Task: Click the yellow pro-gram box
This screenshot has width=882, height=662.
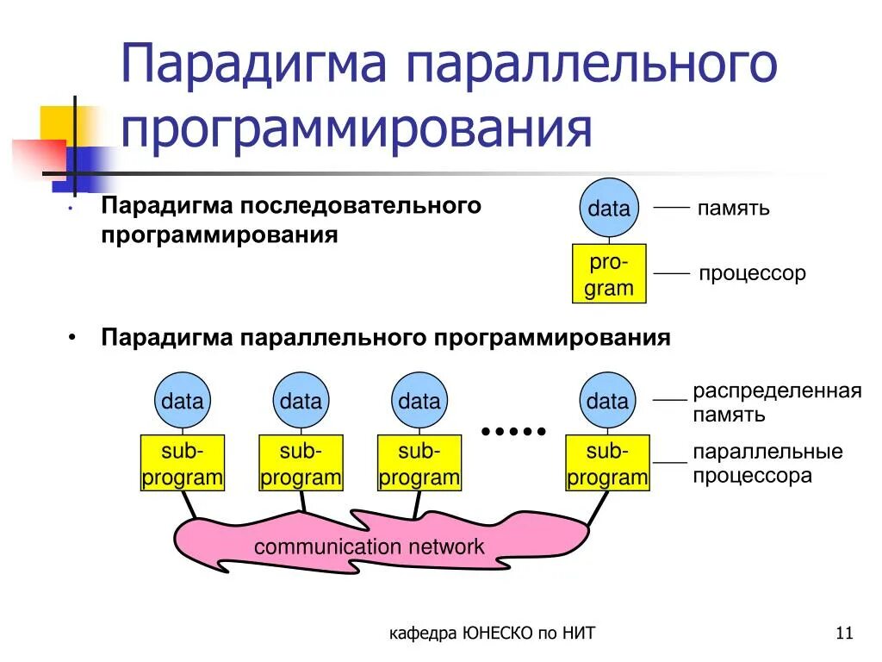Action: [609, 274]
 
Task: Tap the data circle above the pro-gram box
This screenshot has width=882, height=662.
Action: [609, 208]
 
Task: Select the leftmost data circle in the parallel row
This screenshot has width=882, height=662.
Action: [182, 401]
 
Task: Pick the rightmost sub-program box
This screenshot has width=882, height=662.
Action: [607, 464]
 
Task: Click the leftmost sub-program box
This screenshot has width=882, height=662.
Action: [182, 464]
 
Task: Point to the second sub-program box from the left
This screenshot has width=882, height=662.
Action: [301, 464]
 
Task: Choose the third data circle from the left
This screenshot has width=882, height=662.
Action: [419, 401]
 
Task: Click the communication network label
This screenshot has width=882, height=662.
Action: [369, 546]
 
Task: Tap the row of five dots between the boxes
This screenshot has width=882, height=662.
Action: [513, 430]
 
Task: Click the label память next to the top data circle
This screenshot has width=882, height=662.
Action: [733, 209]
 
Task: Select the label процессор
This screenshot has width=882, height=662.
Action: [752, 274]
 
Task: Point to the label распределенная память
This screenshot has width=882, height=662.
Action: [777, 403]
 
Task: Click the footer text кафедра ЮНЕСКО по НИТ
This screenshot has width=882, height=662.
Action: [492, 634]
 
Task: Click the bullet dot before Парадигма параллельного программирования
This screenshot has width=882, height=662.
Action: [73, 338]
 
